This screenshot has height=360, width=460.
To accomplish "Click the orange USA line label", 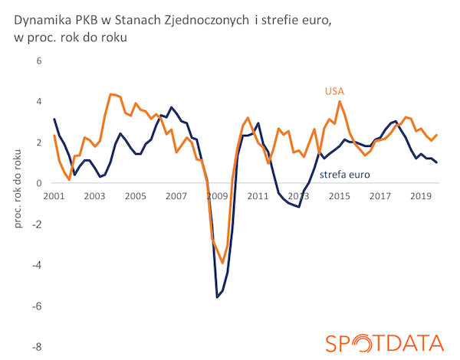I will (x=333, y=92).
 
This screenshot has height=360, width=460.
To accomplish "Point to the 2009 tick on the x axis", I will (x=217, y=195).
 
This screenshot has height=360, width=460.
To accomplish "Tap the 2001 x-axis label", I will (x=54, y=195).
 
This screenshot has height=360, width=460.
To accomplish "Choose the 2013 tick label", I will (x=300, y=195).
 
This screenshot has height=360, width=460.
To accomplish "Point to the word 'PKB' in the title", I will (x=87, y=19).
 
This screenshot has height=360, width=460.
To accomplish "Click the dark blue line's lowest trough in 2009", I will (x=217, y=296).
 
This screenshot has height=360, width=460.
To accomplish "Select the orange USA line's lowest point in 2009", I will (x=222, y=263).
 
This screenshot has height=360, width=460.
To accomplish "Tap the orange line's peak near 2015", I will (x=340, y=101).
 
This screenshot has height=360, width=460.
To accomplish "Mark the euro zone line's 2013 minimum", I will (x=298, y=208).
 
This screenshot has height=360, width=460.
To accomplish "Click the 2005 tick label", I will (x=136, y=195).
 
